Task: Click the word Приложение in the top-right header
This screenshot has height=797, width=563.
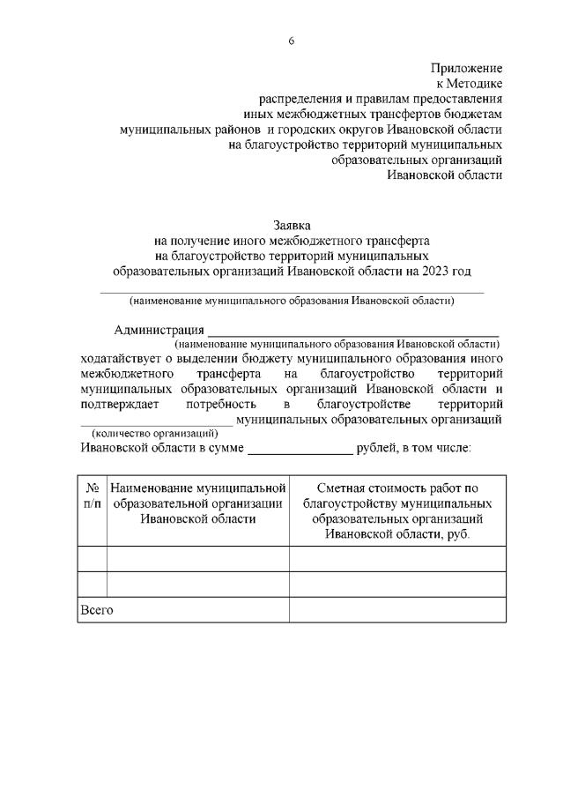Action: [x=466, y=68]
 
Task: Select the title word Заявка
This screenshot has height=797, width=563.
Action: [x=291, y=225]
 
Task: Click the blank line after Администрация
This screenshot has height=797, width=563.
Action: [x=352, y=333]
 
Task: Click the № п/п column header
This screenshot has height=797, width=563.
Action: [x=92, y=495]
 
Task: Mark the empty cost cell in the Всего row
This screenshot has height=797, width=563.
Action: [x=397, y=609]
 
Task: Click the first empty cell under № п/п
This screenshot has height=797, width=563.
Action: [x=92, y=559]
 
